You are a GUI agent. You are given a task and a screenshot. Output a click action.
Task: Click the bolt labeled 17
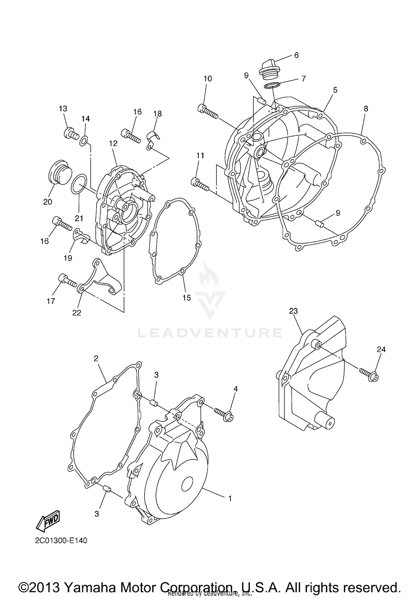[x=67, y=281]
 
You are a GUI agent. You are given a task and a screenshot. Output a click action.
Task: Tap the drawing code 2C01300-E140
[x=61, y=540]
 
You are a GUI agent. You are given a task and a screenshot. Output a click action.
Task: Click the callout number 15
[x=187, y=298]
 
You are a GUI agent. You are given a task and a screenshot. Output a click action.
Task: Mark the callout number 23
[x=293, y=311]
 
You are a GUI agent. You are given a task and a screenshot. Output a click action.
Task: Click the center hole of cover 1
[x=187, y=484]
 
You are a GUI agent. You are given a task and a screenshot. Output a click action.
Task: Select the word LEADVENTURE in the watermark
[x=210, y=333]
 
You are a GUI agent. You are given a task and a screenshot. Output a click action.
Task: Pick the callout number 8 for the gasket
[x=366, y=109]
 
